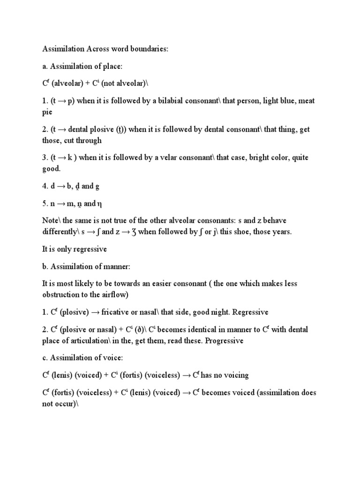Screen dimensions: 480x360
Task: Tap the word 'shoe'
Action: coord(242,232)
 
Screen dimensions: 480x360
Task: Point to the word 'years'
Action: coord(281,232)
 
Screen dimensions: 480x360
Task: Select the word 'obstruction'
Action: coord(62,294)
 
